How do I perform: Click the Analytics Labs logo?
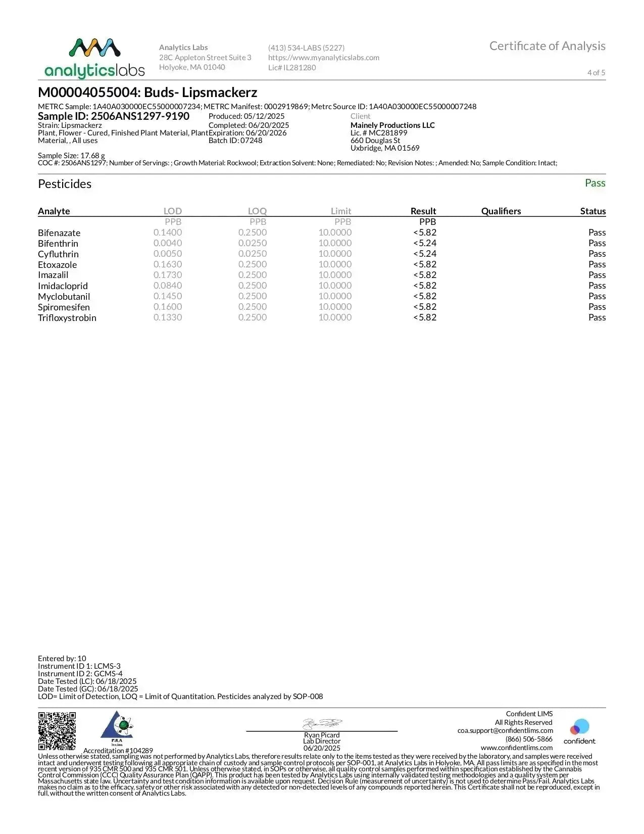click(94, 58)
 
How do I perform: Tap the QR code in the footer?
click(57, 730)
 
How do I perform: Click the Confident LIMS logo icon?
click(579, 727)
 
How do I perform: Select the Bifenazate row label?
click(59, 233)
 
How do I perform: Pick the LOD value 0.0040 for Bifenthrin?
click(168, 243)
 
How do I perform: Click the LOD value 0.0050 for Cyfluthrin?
click(168, 254)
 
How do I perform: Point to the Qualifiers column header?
click(501, 211)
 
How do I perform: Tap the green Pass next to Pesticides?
click(595, 183)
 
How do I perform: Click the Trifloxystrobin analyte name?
click(67, 318)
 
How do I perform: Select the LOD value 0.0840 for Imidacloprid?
click(168, 286)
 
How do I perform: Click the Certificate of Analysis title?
click(547, 46)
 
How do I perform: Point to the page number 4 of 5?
click(596, 73)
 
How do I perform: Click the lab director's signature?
click(322, 723)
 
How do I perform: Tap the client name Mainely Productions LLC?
click(392, 125)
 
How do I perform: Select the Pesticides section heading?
click(65, 184)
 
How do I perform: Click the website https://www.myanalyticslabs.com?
click(324, 58)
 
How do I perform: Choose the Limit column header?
click(341, 211)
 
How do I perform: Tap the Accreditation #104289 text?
click(118, 751)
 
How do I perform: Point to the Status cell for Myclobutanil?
click(597, 296)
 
